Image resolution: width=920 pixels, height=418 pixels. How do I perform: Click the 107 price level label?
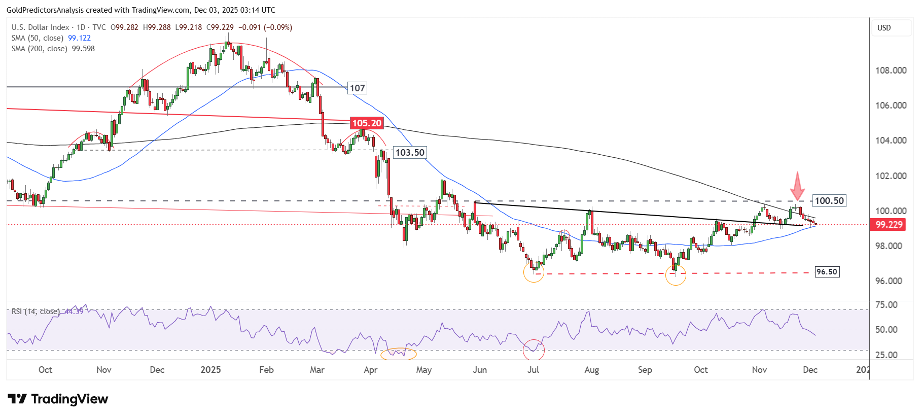[x=358, y=88]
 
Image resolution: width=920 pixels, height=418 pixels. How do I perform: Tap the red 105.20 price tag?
[x=367, y=123]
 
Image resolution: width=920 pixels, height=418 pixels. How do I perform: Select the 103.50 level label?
[x=410, y=153]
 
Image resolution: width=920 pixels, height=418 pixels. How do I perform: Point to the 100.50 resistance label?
[x=829, y=201]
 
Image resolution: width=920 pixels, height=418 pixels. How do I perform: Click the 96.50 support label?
[x=827, y=272]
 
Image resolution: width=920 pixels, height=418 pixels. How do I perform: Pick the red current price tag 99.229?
[x=889, y=225]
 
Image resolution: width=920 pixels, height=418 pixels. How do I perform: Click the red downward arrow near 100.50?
[x=798, y=186]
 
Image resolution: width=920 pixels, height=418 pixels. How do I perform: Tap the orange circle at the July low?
[x=534, y=272]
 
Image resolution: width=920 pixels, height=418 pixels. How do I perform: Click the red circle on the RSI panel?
[x=534, y=350]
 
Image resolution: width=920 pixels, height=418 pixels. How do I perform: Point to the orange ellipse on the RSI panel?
[x=398, y=354]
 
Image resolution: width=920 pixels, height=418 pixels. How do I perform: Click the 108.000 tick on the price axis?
[x=891, y=71]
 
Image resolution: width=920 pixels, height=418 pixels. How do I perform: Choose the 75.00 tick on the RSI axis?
[x=886, y=305]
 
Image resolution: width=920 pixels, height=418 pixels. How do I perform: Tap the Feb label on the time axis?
[x=266, y=370]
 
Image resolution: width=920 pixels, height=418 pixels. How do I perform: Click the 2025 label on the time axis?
[x=210, y=370]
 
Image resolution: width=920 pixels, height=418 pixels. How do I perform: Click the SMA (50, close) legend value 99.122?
[x=79, y=38]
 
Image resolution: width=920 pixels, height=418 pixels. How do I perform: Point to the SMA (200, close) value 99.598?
[x=83, y=49]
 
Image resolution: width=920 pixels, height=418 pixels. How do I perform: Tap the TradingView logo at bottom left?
[x=58, y=399]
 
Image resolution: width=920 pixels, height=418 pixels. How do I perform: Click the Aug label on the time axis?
[x=591, y=370]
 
